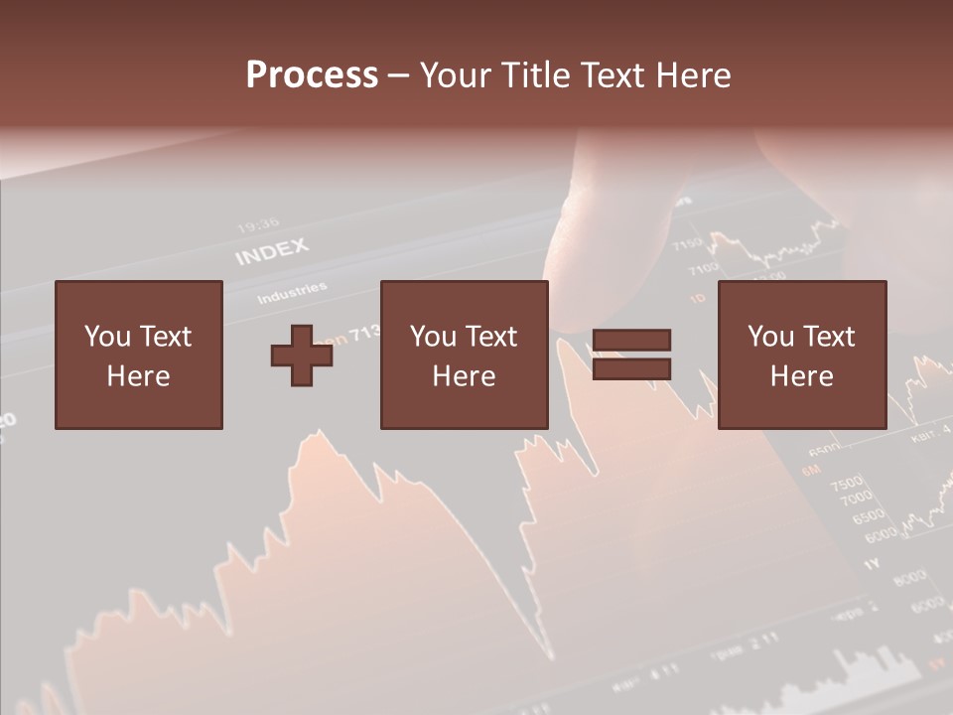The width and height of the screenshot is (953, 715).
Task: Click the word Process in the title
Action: pyautogui.click(x=312, y=75)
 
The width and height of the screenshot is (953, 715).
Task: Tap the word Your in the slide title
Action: pyautogui.click(x=454, y=75)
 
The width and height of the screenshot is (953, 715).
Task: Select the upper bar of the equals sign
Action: pyautogui.click(x=631, y=341)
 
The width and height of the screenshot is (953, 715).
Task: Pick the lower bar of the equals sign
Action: pyautogui.click(x=631, y=369)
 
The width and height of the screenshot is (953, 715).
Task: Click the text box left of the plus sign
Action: pyautogui.click(x=138, y=355)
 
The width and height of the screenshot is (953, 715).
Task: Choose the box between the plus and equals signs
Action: pyautogui.click(x=464, y=355)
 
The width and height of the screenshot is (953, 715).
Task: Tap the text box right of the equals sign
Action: pyautogui.click(x=801, y=355)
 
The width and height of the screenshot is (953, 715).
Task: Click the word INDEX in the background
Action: pyautogui.click(x=271, y=252)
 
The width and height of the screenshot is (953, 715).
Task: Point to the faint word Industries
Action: pyautogui.click(x=292, y=294)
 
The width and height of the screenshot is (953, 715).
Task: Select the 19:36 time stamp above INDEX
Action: pyautogui.click(x=257, y=225)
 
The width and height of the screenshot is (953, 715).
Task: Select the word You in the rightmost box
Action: pyautogui.click(x=770, y=337)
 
